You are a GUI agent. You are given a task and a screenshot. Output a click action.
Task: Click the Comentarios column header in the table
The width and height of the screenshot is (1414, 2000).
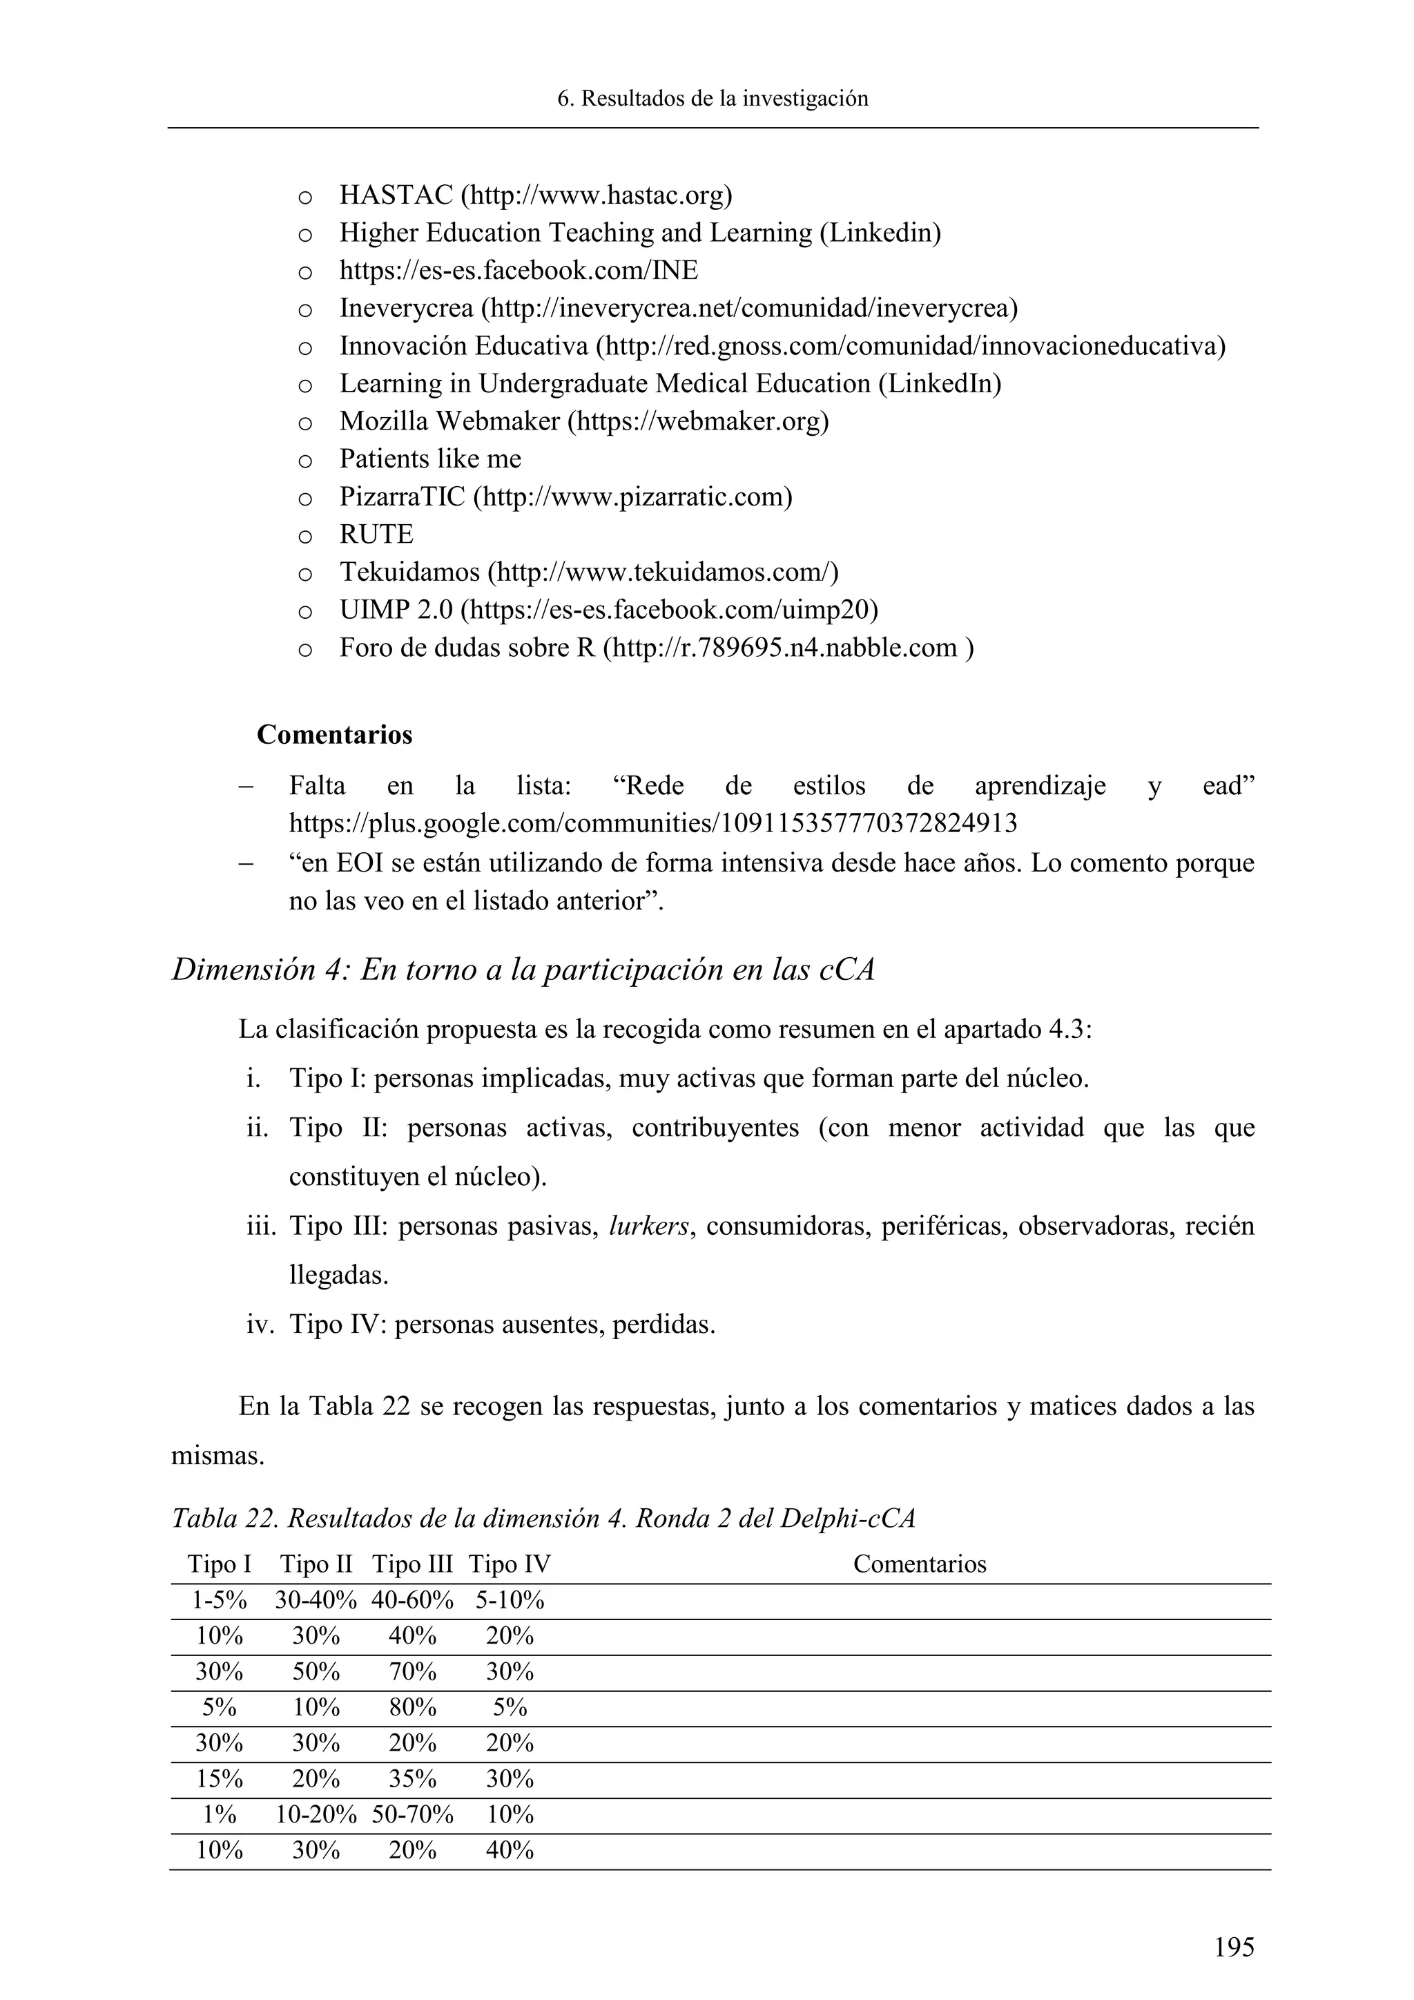click(x=920, y=1564)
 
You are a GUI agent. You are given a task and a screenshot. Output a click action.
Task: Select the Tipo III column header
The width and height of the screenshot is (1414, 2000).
click(x=413, y=1564)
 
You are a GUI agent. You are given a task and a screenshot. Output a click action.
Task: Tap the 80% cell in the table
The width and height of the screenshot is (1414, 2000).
click(x=413, y=1707)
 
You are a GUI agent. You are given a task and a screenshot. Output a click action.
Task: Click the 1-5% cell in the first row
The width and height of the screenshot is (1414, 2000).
click(x=220, y=1600)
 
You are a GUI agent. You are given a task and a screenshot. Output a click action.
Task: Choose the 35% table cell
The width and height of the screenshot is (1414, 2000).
click(x=413, y=1779)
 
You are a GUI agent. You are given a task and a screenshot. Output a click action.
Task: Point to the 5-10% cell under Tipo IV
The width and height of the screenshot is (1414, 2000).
click(x=510, y=1600)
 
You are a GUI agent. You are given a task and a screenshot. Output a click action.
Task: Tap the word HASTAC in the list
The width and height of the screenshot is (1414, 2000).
click(x=396, y=195)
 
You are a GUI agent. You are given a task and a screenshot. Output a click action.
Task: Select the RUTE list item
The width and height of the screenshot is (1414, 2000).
click(x=376, y=534)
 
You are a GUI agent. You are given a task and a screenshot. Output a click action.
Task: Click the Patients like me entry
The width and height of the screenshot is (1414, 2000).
click(x=430, y=459)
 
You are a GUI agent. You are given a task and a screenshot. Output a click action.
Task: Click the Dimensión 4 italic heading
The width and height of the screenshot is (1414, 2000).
click(x=523, y=970)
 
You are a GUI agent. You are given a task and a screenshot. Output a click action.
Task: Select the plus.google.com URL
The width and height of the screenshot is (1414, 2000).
click(x=653, y=823)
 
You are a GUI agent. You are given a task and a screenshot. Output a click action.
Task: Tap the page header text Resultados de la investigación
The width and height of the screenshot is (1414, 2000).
click(x=713, y=99)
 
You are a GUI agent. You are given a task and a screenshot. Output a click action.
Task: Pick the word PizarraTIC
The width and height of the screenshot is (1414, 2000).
click(x=403, y=497)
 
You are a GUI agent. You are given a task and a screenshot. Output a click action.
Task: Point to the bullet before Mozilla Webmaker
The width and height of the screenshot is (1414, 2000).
click(x=304, y=423)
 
